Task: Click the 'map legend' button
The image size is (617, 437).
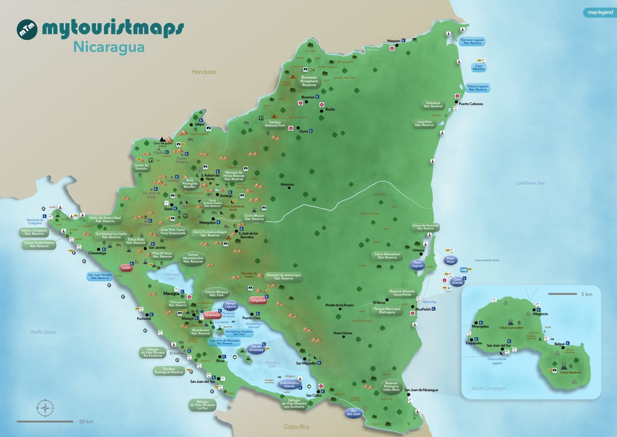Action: pyautogui.click(x=600, y=12)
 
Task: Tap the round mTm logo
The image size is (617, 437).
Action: pyautogui.click(x=27, y=29)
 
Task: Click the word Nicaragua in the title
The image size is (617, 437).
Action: pyautogui.click(x=109, y=47)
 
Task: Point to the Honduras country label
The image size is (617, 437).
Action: pyautogui.click(x=204, y=72)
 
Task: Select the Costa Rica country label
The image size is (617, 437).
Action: pyautogui.click(x=296, y=426)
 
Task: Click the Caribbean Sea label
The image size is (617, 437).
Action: pyautogui.click(x=530, y=183)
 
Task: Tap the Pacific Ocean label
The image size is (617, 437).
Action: pyautogui.click(x=43, y=332)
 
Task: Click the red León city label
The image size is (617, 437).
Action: pyautogui.click(x=126, y=267)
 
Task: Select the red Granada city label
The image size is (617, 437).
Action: pyautogui.click(x=212, y=315)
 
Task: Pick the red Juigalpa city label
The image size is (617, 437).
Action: pyautogui.click(x=258, y=300)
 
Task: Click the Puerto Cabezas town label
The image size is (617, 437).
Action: pyautogui.click(x=471, y=104)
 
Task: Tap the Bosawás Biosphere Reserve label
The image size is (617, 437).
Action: pyautogui.click(x=309, y=81)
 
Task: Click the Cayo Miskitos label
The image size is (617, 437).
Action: pyautogui.click(x=479, y=68)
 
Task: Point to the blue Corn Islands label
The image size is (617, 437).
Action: pyautogui.click(x=457, y=281)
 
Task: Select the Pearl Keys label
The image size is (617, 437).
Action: pyautogui.click(x=450, y=260)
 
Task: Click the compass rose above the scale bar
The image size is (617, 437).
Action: pyautogui.click(x=45, y=408)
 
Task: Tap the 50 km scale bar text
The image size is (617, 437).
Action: pyautogui.click(x=86, y=422)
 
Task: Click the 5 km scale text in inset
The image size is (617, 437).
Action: pyautogui.click(x=586, y=294)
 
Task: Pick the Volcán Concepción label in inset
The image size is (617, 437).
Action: pyautogui.click(x=511, y=328)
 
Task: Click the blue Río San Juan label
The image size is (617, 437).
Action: pyautogui.click(x=353, y=412)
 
